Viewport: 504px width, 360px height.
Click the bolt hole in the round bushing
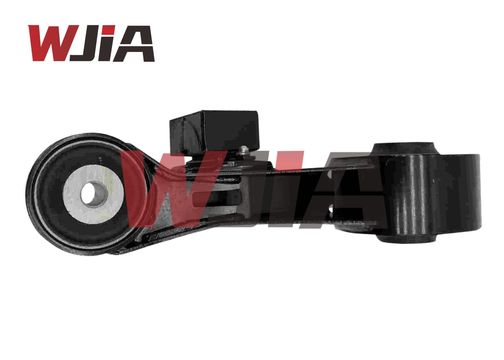(94, 193)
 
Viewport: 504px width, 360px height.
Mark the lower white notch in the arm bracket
(331, 210)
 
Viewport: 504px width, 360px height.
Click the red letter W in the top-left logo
(53, 43)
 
